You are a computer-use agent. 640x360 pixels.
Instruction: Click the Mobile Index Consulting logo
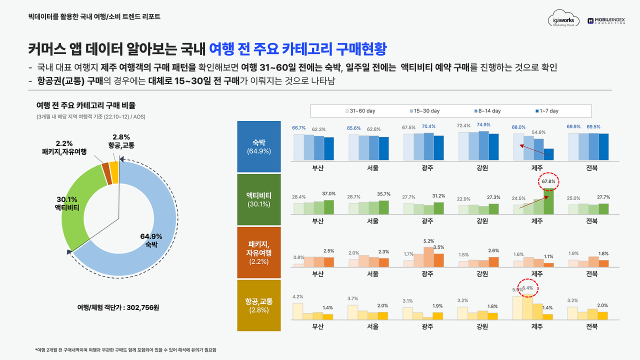[x=607, y=20]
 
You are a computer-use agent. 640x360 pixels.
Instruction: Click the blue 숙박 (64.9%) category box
[x=259, y=146]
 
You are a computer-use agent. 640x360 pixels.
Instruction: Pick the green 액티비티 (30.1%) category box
[x=259, y=199]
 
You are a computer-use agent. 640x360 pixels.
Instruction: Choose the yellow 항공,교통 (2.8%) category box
[x=259, y=305]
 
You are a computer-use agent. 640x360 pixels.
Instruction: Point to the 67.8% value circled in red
[x=548, y=181]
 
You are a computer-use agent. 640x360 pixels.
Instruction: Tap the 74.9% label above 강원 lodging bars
[x=483, y=124]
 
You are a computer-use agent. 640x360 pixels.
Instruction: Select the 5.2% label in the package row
[x=428, y=240]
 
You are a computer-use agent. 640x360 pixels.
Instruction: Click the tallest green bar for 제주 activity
[x=548, y=202]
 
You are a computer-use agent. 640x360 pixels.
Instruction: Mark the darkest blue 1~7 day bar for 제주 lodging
[x=548, y=154]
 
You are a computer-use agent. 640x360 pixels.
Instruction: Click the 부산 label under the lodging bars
[x=317, y=168]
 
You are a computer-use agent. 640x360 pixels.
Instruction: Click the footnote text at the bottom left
[x=128, y=350]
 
